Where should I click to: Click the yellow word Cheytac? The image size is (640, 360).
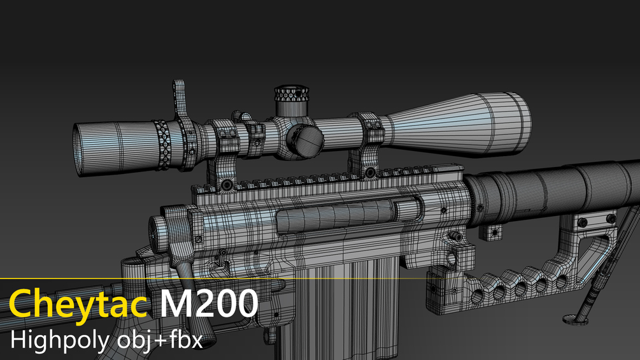tap(78, 305)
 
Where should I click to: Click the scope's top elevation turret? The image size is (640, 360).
tap(290, 100)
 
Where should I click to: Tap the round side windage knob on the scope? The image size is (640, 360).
tap(304, 141)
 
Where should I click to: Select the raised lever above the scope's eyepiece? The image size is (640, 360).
tap(180, 99)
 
